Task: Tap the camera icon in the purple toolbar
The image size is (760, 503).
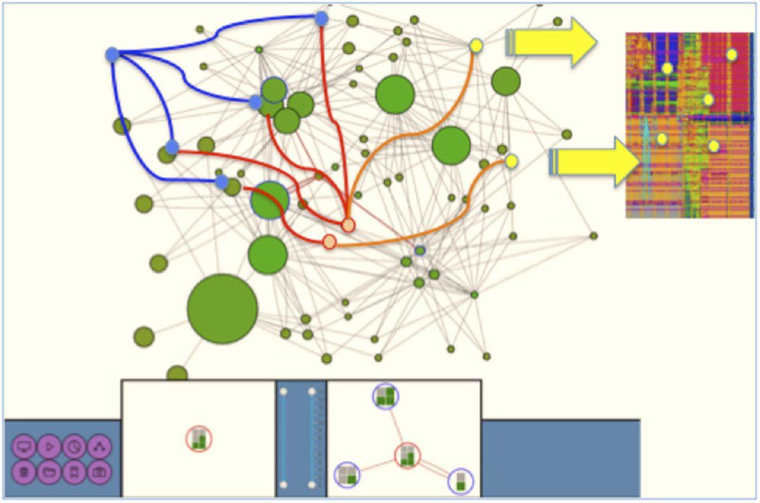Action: (x=99, y=472)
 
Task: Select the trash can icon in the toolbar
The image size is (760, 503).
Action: (x=24, y=472)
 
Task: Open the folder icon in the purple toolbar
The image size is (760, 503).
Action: (x=49, y=472)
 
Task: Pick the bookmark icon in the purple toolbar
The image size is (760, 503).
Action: (x=74, y=472)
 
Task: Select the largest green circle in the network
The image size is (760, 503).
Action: (x=222, y=309)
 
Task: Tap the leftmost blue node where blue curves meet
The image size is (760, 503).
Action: (x=113, y=55)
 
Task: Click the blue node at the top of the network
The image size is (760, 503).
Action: (x=322, y=18)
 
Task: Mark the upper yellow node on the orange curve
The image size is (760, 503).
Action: (x=476, y=46)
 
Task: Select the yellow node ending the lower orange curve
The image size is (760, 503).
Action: (x=511, y=162)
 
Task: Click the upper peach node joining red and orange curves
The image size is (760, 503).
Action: (x=348, y=225)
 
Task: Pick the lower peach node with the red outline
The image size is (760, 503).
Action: (x=329, y=241)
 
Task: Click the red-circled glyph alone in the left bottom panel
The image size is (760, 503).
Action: (x=199, y=438)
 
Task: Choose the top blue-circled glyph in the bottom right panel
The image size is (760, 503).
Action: (x=386, y=397)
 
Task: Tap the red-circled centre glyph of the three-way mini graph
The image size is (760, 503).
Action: (x=407, y=455)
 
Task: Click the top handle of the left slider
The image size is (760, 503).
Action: (x=284, y=392)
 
